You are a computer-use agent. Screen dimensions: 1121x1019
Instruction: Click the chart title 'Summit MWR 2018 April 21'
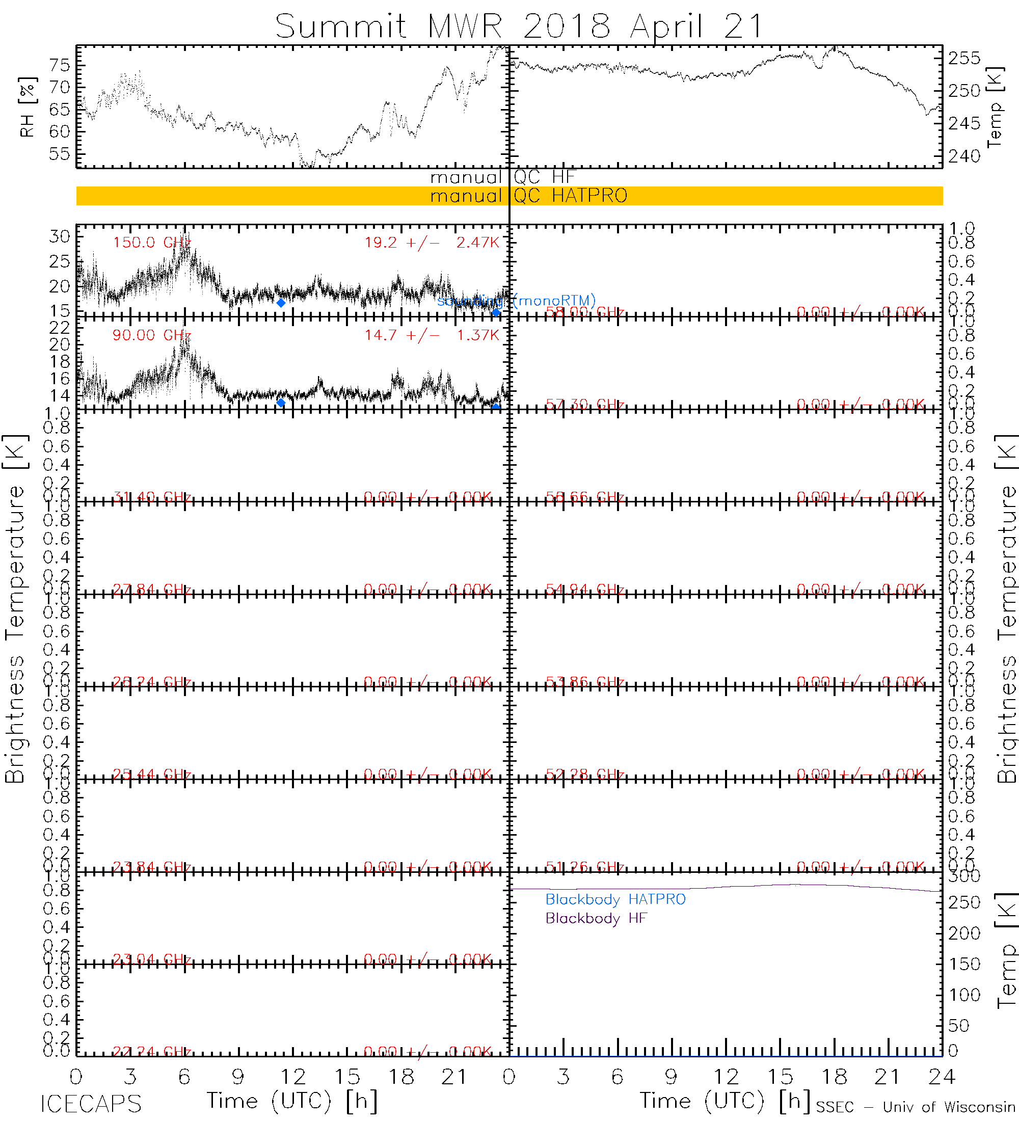click(519, 25)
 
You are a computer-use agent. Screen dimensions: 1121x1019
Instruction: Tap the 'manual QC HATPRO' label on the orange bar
click(529, 196)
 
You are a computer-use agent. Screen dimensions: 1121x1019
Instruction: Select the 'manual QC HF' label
click(502, 177)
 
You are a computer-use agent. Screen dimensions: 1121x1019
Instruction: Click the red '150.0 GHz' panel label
click(152, 243)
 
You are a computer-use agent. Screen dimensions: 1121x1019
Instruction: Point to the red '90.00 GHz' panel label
click(152, 335)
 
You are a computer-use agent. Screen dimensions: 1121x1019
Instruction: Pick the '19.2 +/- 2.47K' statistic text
click(432, 243)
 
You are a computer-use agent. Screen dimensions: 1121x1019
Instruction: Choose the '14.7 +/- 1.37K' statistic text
click(432, 335)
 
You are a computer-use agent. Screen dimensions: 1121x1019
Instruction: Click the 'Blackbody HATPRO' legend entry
click(615, 900)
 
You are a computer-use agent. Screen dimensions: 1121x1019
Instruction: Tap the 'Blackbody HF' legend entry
click(596, 918)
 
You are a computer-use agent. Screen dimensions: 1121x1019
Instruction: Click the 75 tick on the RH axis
click(60, 66)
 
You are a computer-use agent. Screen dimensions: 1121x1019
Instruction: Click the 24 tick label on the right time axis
click(942, 1078)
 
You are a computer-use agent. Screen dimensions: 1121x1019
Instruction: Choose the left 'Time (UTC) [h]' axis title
click(292, 1102)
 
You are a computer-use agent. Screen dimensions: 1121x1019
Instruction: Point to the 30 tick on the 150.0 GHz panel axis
click(60, 236)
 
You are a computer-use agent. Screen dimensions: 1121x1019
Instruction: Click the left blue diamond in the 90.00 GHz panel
click(281, 403)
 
